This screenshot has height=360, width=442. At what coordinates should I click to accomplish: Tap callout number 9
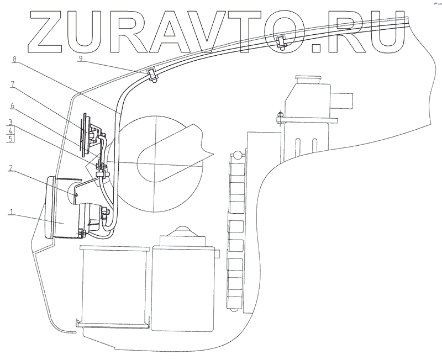click(x=81, y=57)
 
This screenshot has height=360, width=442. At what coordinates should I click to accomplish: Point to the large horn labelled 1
click(x=64, y=207)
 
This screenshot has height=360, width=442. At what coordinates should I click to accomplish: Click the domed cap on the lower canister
click(x=182, y=231)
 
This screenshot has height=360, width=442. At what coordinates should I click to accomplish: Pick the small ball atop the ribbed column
click(x=237, y=155)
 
